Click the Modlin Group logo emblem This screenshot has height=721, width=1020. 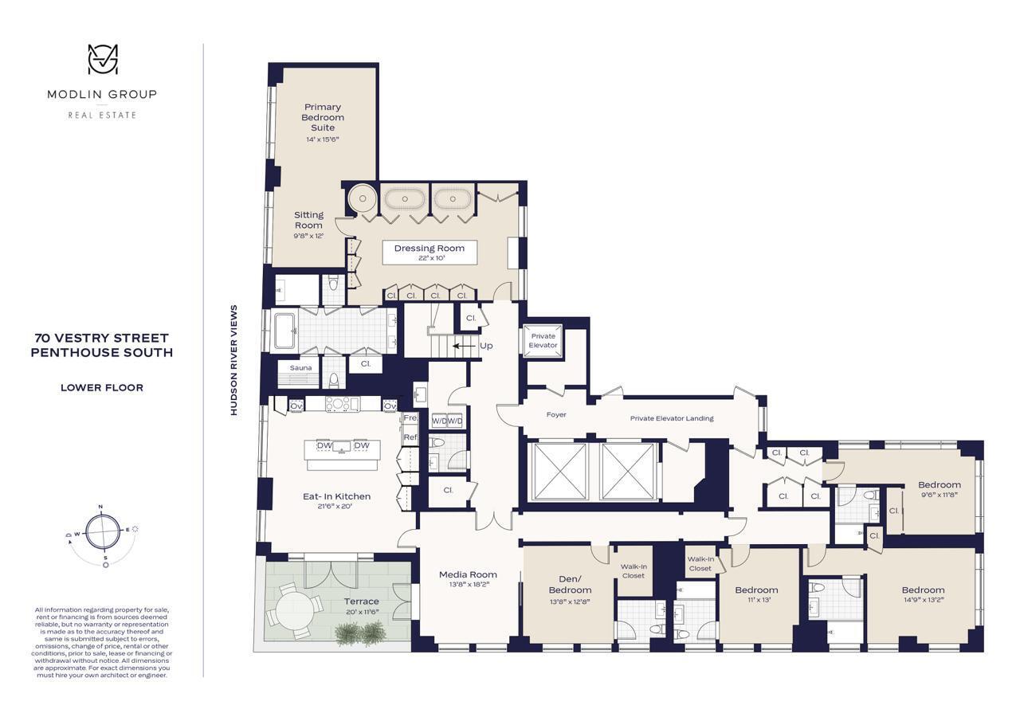click(x=102, y=60)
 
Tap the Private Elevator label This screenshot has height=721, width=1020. click(x=543, y=340)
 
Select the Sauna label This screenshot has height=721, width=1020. click(x=300, y=368)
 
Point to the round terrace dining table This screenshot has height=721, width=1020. click(x=292, y=612)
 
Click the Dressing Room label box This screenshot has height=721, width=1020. click(x=429, y=253)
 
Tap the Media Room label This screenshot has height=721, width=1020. click(x=468, y=578)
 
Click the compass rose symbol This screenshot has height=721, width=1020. click(x=102, y=531)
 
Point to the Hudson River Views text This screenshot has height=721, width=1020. click(x=234, y=360)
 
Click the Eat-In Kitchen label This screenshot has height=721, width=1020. click(x=336, y=500)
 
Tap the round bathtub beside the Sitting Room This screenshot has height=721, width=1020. click(x=362, y=198)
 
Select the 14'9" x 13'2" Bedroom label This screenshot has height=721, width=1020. click(x=923, y=595)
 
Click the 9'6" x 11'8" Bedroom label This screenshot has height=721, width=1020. click(x=939, y=489)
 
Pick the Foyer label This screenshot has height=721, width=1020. click(x=556, y=415)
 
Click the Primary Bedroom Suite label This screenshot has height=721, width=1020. click(x=322, y=122)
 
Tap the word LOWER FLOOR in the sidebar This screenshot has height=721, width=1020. click(x=102, y=388)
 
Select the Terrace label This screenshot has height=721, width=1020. click(x=361, y=605)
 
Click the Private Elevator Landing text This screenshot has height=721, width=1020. click(x=671, y=418)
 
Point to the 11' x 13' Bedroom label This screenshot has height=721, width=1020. click(x=755, y=594)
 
